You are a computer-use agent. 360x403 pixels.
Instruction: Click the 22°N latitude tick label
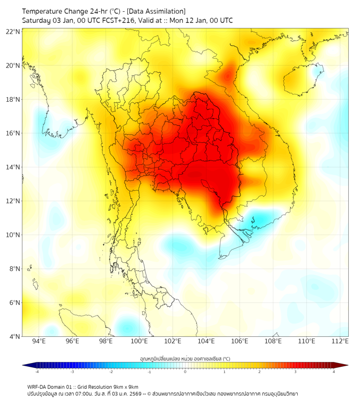tap(13, 31)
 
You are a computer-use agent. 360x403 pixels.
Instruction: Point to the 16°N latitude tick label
tap(13, 133)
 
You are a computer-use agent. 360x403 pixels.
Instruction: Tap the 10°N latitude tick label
tap(13, 235)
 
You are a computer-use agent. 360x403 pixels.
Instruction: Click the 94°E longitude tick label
tap(39, 341)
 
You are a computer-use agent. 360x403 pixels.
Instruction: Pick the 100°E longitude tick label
tap(140, 341)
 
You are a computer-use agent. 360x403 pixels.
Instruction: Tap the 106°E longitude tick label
tap(240, 341)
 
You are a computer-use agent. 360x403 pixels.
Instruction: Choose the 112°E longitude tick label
tap(341, 341)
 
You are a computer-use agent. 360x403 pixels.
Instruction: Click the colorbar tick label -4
tap(36, 372)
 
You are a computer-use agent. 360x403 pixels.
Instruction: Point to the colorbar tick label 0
tap(185, 372)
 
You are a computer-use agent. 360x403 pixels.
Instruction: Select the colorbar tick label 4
tap(334, 372)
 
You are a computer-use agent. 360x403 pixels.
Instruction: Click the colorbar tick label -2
tap(111, 372)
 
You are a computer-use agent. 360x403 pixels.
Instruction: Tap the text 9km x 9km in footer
tap(125, 386)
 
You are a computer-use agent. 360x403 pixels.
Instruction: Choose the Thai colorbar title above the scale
tap(185, 359)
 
